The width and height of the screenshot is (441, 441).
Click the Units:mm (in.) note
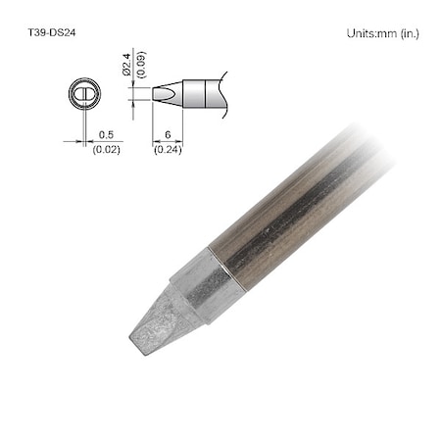382,33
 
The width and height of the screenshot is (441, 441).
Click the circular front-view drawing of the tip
84,95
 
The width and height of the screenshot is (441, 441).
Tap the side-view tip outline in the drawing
167,95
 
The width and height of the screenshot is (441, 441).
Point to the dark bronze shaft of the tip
284,216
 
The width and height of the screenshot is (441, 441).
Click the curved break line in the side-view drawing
224,95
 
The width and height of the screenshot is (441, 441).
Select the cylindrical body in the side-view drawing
201,95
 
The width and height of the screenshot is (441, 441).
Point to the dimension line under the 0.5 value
98,141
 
